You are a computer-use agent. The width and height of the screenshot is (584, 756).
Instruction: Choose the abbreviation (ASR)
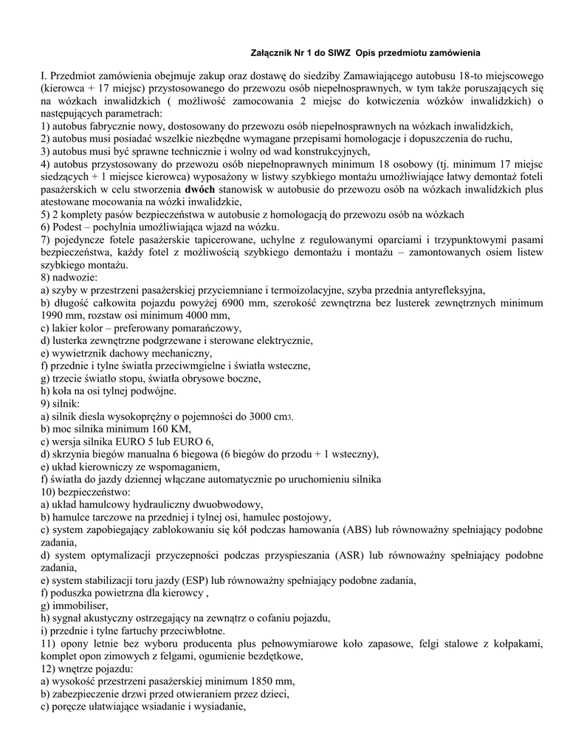[x=357, y=555]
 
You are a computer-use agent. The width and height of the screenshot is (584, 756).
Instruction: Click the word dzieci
[x=270, y=694]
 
